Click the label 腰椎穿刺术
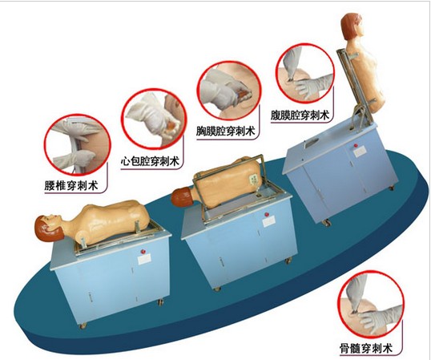71,185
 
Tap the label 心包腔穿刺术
150,161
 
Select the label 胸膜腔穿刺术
225,131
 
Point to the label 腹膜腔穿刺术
300,115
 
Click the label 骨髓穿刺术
366,349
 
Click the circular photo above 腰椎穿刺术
77,145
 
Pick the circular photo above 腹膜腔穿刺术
305,72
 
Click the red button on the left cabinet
143,251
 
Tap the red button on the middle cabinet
266,215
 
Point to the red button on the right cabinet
356,145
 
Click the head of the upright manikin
352,27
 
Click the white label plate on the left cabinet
144,258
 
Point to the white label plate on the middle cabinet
269,222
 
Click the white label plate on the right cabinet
359,152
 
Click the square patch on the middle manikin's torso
253,179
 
